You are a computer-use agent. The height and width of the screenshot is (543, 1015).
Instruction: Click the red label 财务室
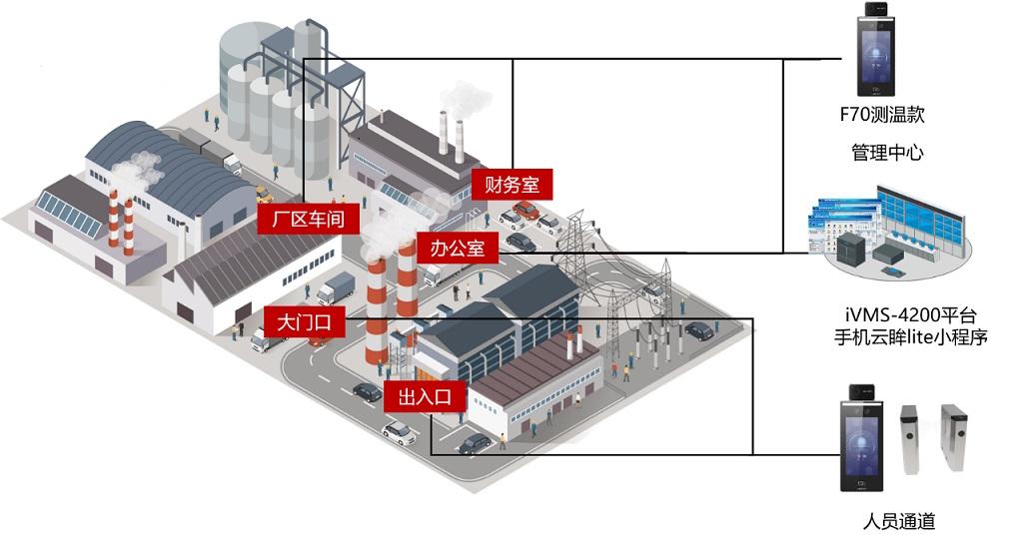[x=511, y=185]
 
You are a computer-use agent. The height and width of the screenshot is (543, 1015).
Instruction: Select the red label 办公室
[x=457, y=248]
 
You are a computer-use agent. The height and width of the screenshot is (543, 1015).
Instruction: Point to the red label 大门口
[x=305, y=322]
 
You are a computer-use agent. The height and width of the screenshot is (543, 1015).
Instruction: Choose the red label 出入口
[x=425, y=395]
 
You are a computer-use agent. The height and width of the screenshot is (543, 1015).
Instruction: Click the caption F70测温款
[x=882, y=115]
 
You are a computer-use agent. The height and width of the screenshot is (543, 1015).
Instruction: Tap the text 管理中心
[x=887, y=153]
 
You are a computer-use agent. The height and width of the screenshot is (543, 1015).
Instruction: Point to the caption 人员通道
[x=899, y=521]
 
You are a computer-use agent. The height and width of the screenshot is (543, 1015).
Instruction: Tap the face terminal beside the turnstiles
[x=862, y=437]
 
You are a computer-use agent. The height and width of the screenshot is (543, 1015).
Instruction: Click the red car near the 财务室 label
[x=526, y=210]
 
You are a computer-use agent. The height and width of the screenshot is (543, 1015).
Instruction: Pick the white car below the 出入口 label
[x=399, y=432]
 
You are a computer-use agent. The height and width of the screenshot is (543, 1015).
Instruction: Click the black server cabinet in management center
[x=851, y=248]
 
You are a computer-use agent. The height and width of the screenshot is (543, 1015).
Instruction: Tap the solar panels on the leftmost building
[x=69, y=213]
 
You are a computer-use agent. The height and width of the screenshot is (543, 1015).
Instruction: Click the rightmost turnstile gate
[x=954, y=437]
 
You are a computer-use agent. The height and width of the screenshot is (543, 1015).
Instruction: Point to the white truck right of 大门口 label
[x=336, y=287]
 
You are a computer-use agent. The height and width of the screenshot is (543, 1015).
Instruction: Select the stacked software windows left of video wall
[x=841, y=222]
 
